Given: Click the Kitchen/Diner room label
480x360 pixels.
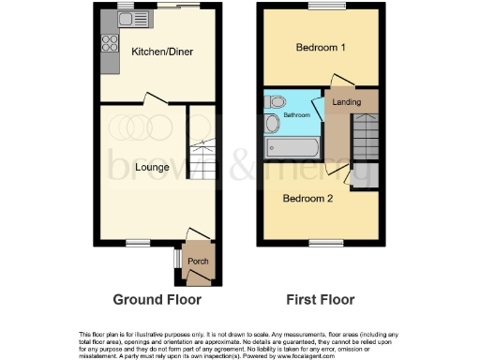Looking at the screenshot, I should click(161, 52).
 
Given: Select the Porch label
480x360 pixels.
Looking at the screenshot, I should click(198, 261).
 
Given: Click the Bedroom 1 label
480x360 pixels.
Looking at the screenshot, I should click(321, 48).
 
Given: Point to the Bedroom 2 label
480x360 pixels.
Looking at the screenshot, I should click(308, 198).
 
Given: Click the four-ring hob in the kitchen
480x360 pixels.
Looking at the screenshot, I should click(108, 42).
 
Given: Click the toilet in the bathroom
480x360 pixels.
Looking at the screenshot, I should click(272, 100).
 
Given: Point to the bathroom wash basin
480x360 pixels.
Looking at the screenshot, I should click(271, 124).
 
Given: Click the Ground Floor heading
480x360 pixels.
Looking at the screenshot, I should click(157, 301).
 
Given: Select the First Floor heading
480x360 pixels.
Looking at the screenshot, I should click(321, 301).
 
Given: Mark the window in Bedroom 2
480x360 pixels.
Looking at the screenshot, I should click(322, 242).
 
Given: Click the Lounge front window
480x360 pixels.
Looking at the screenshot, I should click(139, 242).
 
